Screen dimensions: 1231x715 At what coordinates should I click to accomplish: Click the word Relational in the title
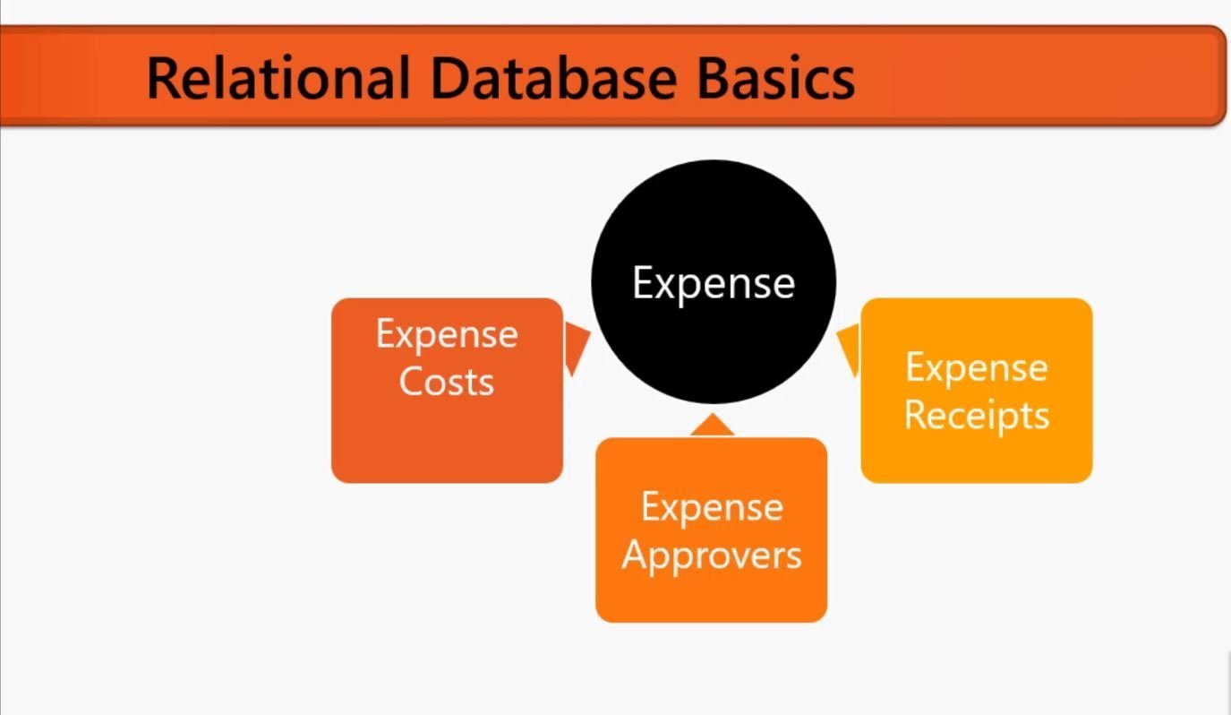(x=278, y=78)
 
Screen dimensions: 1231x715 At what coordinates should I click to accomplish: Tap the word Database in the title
(x=553, y=78)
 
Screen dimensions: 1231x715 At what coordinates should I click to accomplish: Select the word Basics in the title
(x=776, y=78)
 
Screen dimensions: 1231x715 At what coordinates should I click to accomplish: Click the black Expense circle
(x=714, y=281)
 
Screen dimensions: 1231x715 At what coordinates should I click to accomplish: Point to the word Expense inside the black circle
(x=714, y=285)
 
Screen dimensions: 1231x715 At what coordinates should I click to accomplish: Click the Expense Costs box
(x=448, y=391)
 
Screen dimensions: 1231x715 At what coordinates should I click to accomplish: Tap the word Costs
(x=447, y=381)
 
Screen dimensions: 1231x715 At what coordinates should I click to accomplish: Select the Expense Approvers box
(x=711, y=530)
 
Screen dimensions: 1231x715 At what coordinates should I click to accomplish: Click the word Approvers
(x=712, y=556)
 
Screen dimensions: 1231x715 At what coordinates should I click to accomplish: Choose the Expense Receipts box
(x=977, y=391)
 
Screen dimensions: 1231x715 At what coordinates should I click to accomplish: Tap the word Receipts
(x=977, y=417)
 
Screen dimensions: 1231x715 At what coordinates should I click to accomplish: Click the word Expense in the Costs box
(x=447, y=335)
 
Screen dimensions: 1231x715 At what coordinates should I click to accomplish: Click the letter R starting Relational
(x=163, y=78)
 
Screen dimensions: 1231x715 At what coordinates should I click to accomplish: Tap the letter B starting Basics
(x=714, y=78)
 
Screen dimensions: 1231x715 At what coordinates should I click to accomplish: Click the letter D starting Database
(x=450, y=78)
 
